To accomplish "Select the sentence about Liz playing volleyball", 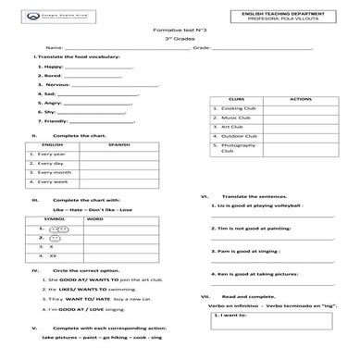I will [266, 206].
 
